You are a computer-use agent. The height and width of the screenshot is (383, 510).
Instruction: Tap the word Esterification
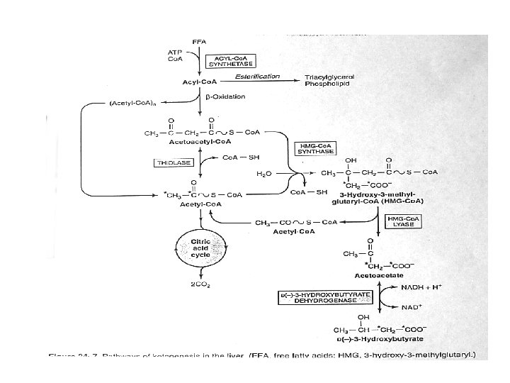pos(258,76)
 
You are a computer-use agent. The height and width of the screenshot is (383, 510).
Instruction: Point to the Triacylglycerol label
pos(330,76)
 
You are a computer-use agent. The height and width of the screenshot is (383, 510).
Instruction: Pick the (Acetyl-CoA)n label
pos(138,104)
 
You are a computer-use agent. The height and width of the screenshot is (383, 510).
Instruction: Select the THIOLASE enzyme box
pos(174,162)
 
